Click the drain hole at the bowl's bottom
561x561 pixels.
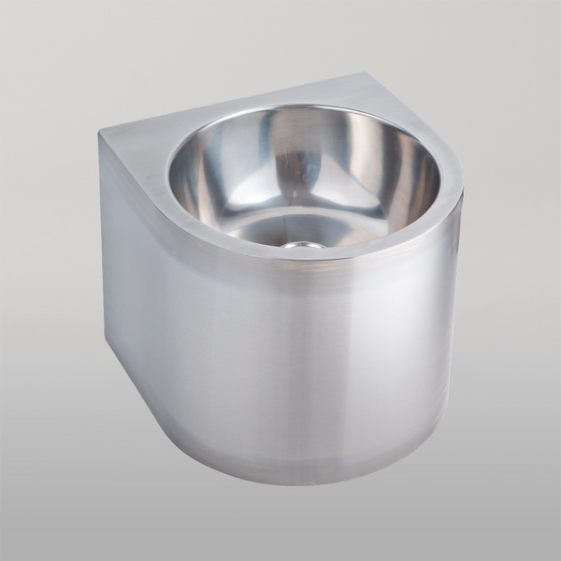(305, 245)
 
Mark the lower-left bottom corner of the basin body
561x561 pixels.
(104, 341)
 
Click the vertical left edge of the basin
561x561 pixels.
(100, 243)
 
